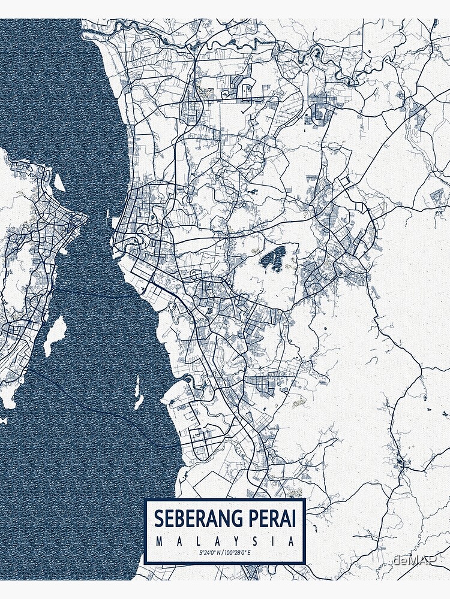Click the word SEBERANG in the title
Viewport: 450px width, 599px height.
(x=195, y=519)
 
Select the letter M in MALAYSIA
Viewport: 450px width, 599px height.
(x=158, y=541)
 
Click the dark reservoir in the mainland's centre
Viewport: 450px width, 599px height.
(x=273, y=259)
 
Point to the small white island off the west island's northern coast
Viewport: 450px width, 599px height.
(x=59, y=182)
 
